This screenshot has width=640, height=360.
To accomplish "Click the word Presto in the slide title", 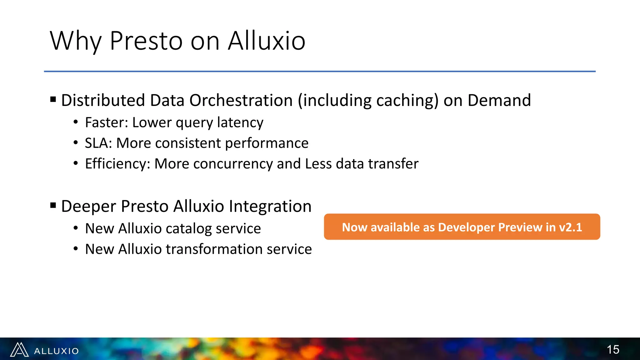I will (146, 41).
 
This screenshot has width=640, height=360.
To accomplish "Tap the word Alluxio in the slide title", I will (267, 41).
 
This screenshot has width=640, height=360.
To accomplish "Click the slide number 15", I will (613, 349).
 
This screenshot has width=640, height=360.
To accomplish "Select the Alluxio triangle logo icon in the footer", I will (19, 350).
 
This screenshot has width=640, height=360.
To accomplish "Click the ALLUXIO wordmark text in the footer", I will (57, 351).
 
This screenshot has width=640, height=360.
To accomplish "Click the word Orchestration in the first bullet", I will (241, 101).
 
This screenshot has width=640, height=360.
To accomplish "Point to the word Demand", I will (499, 101).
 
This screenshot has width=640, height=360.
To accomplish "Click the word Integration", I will (270, 207).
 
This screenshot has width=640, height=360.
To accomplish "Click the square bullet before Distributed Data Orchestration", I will (53, 100).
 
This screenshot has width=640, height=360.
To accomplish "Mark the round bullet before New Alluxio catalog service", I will (76, 228).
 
